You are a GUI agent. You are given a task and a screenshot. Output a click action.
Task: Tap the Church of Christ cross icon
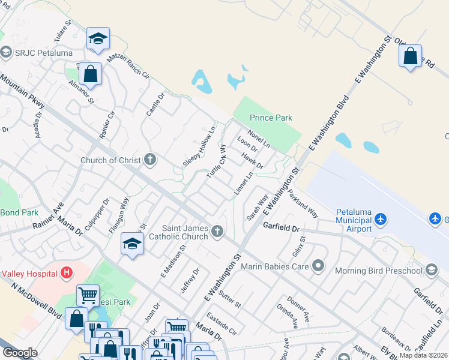tap(150, 160)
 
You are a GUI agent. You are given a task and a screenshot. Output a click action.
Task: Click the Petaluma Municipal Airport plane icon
tap(380, 220)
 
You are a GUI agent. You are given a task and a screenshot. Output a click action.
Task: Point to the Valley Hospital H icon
tap(67, 274)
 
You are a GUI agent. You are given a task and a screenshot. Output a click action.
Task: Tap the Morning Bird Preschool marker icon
tap(431, 271)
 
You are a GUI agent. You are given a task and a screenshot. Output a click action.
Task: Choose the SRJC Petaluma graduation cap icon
tap(6, 52)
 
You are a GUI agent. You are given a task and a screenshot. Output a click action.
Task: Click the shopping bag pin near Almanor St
tap(89, 74)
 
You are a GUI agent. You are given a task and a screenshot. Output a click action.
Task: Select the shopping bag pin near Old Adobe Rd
tap(410, 56)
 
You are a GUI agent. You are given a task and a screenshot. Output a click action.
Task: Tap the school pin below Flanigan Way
tap(132, 244)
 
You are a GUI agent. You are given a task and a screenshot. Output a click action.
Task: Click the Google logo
tap(20, 353)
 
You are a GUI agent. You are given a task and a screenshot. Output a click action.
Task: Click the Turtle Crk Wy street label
tap(216, 160)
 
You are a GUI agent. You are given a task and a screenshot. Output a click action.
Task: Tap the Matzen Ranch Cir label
tap(127, 65)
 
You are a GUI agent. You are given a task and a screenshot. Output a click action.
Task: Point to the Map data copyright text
tap(423, 355)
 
